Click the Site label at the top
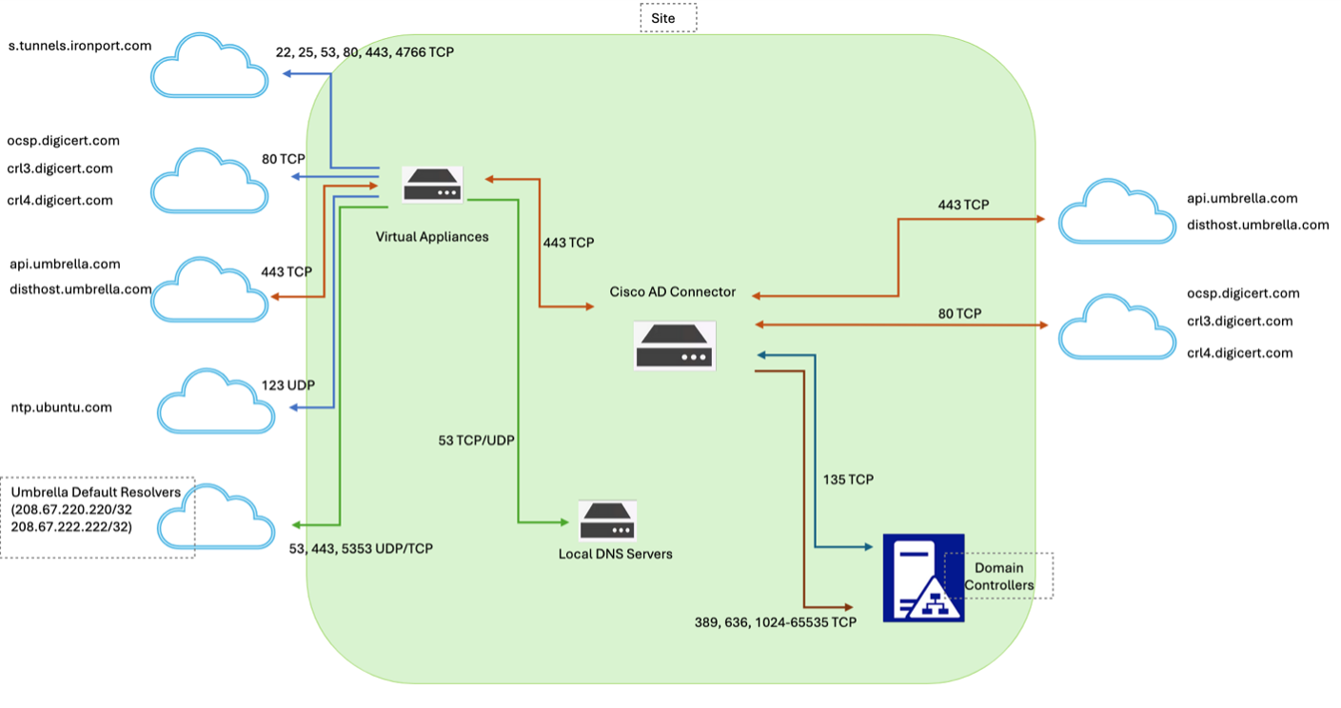668,17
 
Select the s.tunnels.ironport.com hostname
80,45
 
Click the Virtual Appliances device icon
432,185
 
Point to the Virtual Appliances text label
432,236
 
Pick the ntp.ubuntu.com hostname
61,407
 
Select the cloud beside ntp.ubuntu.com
215,400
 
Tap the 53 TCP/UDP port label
477,441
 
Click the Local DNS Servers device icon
607,521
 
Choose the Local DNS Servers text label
615,554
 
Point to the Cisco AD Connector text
673,292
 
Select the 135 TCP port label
848,480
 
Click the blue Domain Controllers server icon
923,578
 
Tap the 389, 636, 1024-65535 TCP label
776,622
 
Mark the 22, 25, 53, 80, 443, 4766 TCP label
365,51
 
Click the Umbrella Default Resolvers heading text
95,492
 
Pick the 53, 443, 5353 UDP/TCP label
361,549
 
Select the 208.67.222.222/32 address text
71,526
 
